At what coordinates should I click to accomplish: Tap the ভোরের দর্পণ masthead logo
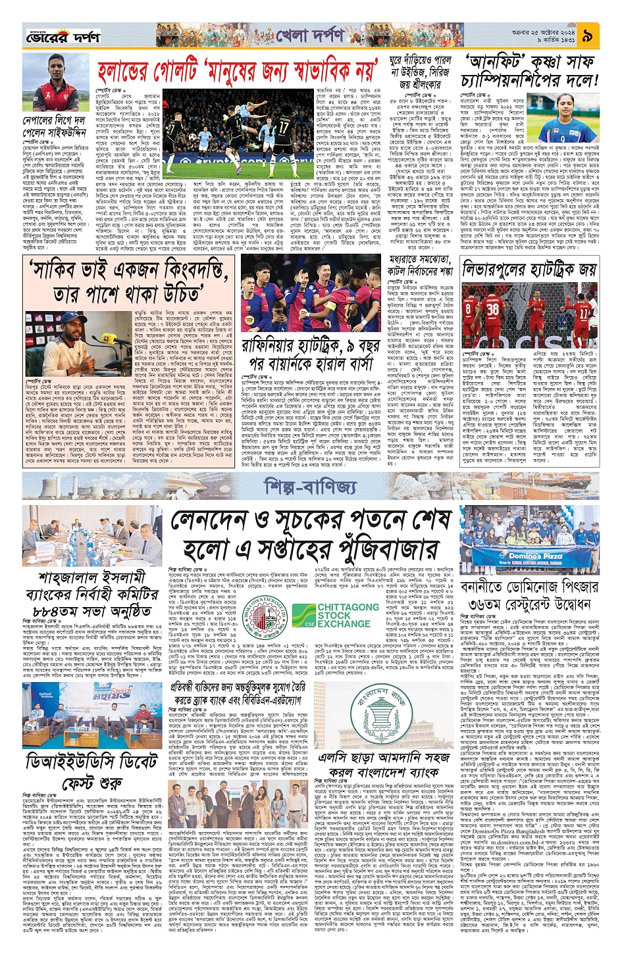click(63, 37)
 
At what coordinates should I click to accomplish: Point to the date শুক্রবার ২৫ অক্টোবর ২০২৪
click(546, 31)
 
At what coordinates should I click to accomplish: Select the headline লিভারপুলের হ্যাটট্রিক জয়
click(529, 269)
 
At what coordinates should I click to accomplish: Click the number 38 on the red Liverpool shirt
click(492, 308)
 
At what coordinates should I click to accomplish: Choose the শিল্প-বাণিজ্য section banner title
click(310, 487)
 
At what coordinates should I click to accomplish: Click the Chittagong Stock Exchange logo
click(336, 615)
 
